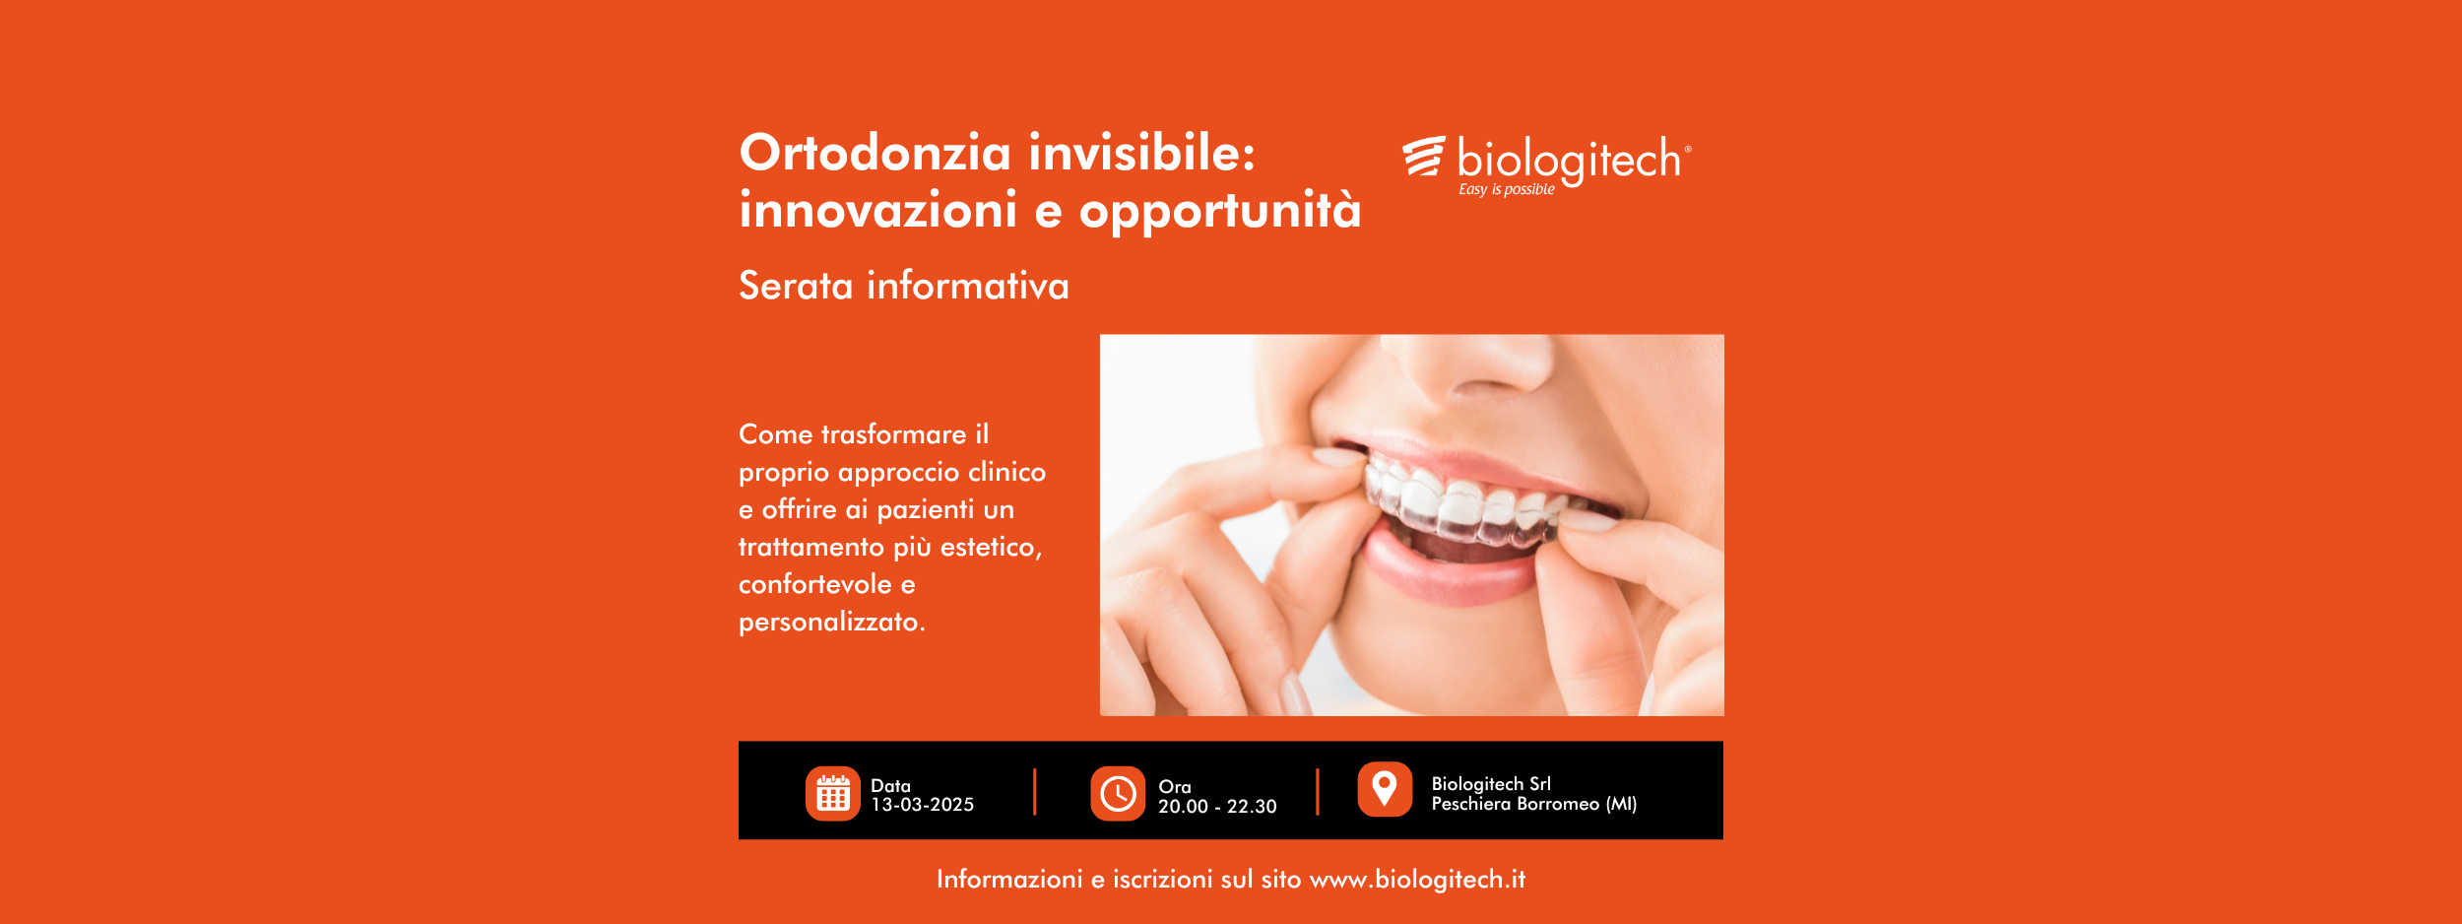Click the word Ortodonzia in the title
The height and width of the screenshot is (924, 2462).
(x=875, y=153)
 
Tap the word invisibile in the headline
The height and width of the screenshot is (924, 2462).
(x=1142, y=153)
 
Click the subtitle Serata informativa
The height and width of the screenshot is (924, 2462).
(x=903, y=286)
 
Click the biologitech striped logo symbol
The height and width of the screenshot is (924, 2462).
(x=1424, y=157)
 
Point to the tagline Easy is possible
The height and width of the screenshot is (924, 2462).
(x=1507, y=189)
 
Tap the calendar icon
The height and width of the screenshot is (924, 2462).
(x=833, y=793)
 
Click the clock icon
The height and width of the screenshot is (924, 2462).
(x=1118, y=793)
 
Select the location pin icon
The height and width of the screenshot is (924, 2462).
(x=1385, y=789)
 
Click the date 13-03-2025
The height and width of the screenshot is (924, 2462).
(x=922, y=805)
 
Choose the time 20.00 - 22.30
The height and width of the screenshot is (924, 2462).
(x=1217, y=806)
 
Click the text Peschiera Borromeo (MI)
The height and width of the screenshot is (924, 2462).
(x=1533, y=804)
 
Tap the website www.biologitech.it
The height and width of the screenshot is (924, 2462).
(x=1417, y=879)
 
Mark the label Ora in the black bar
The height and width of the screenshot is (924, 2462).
(x=1175, y=786)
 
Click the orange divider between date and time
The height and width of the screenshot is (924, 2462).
(x=1034, y=792)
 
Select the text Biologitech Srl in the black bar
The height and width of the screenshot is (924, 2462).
(x=1491, y=783)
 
